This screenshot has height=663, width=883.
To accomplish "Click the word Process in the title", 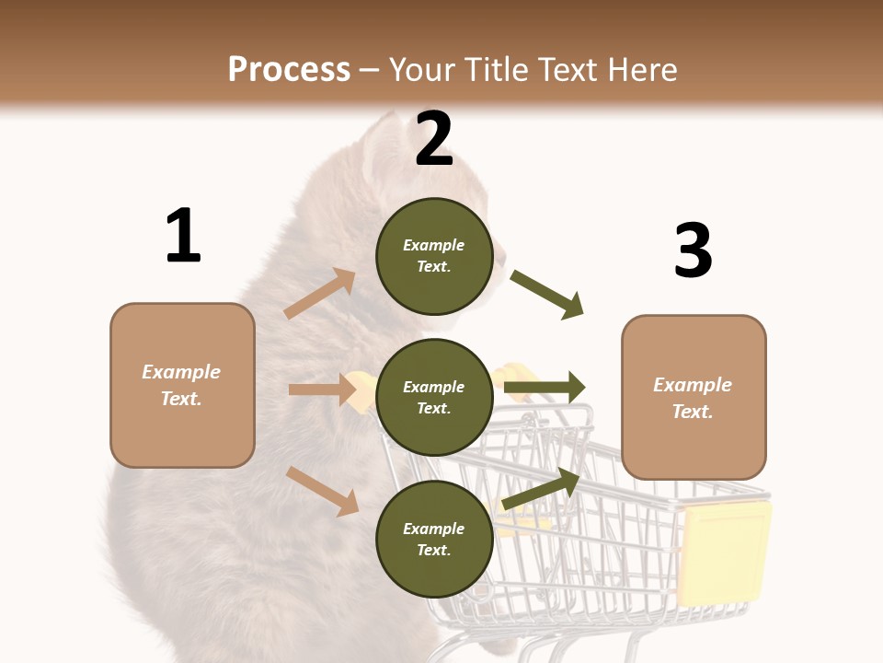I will [289, 69].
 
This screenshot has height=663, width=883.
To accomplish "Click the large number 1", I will [182, 236].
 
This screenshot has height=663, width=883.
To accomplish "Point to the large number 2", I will [434, 138].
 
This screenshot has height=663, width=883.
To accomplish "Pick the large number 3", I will [693, 250].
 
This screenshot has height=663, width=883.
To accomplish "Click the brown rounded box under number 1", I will [182, 385].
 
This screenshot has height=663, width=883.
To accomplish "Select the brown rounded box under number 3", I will [694, 398].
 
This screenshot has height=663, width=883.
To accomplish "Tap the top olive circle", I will [434, 256].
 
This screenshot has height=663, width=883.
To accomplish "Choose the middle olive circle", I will [434, 398].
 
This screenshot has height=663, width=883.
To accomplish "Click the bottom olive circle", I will [434, 540].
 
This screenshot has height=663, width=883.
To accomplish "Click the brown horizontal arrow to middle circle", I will [322, 390].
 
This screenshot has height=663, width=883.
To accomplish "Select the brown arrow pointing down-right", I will [323, 491].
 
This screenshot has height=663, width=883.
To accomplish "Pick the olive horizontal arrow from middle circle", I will [545, 388].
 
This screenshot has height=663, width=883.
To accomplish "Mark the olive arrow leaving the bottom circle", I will [542, 489].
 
